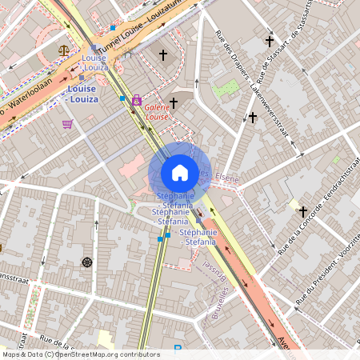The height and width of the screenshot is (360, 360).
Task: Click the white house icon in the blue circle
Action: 180,172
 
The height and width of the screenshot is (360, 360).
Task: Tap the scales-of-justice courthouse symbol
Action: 64,50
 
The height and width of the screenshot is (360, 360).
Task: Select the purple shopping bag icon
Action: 137,100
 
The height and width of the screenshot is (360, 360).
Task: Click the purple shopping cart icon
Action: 67,124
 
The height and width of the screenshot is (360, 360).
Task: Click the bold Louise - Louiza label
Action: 82,94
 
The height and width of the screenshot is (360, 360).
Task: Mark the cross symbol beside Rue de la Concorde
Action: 302,212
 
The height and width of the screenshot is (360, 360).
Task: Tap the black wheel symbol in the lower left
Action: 86,262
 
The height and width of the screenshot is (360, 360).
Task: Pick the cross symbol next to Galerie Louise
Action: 173,102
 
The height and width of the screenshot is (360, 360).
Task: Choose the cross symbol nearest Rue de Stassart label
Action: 270,40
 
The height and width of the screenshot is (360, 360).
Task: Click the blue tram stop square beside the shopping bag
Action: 122,98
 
